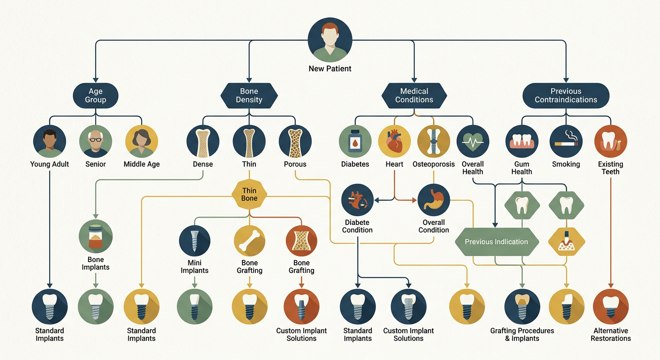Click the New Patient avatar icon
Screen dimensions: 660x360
(330, 40)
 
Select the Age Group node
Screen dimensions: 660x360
(96, 96)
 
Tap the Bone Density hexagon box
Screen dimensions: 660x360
(249, 96)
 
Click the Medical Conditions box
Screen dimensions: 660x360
(414, 96)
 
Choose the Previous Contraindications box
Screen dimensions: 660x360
(566, 96)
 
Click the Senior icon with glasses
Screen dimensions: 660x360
(96, 141)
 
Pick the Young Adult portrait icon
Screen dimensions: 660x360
(50, 141)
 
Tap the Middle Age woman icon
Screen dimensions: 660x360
(142, 141)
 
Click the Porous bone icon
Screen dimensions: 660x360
(295, 141)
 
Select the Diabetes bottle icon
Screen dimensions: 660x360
(355, 141)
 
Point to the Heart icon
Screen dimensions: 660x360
(394, 141)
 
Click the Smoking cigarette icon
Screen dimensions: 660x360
(566, 141)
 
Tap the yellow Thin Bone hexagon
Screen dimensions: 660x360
(249, 195)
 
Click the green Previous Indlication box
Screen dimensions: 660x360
(497, 241)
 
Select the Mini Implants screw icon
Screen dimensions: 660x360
(195, 240)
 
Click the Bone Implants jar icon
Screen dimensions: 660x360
(96, 236)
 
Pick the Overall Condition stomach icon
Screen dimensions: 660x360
(434, 200)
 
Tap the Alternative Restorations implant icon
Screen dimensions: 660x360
(610, 307)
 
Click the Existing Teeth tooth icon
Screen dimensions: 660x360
(610, 141)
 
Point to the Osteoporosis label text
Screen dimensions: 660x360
(434, 164)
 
